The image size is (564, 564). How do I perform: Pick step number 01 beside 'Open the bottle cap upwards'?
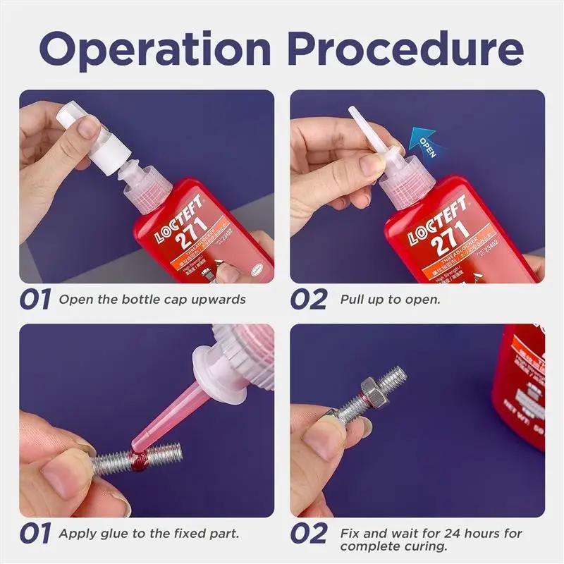pos(35,299)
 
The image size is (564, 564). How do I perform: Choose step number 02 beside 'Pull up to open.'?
pos(309,299)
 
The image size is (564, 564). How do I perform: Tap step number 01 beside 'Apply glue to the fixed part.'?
pos(35,534)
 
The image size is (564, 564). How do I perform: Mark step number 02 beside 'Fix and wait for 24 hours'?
pos(309,534)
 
